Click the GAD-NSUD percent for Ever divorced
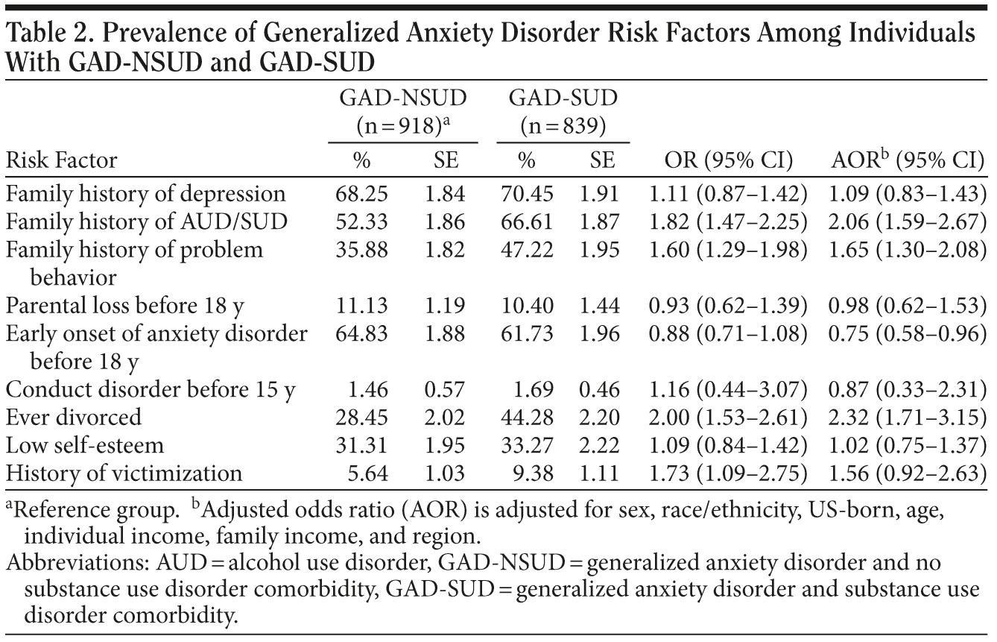[x=362, y=416]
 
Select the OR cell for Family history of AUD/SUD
[x=728, y=221]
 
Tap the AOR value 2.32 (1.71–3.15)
[x=907, y=416]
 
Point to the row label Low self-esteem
[x=85, y=444]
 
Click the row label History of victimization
[x=124, y=473]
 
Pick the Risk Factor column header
[x=61, y=160]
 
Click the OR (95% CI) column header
[x=728, y=160]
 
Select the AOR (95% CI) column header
[x=907, y=160]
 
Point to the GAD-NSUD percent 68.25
[x=362, y=194]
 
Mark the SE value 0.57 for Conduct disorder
[x=444, y=388]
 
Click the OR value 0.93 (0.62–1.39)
[x=728, y=305]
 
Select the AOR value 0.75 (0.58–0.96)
[x=907, y=333]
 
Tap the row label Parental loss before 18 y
[x=126, y=305]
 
